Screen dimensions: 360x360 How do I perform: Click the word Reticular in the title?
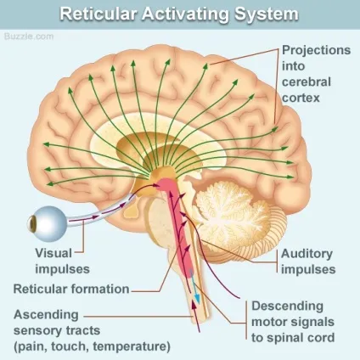(98, 14)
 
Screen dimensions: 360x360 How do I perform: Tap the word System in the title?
(266, 14)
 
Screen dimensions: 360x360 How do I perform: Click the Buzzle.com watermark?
(29, 37)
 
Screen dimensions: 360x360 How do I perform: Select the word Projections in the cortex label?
(317, 51)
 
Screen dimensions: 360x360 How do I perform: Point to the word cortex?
(301, 98)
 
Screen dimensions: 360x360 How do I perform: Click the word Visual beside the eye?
(53, 253)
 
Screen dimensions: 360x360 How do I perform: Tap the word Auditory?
(307, 254)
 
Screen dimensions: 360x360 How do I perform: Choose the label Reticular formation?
(71, 289)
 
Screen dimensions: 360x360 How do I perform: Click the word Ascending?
(46, 315)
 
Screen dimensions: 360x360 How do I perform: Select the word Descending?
(288, 307)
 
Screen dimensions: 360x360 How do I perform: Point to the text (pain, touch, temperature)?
(93, 346)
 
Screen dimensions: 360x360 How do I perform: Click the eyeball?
(48, 224)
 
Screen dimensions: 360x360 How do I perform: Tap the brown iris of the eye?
(32, 224)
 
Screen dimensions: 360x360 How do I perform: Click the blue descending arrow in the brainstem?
(195, 286)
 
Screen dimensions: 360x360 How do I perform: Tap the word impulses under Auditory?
(308, 269)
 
